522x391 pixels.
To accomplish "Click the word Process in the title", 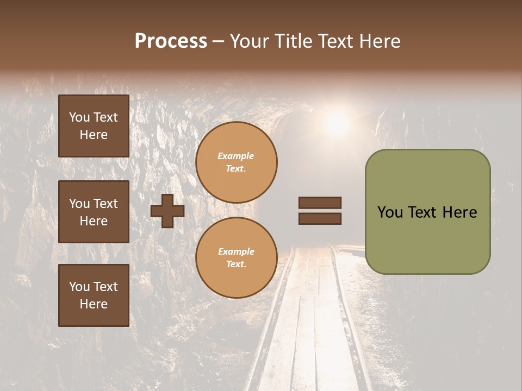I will click(171, 41).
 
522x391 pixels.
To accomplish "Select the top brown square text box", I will click(94, 126).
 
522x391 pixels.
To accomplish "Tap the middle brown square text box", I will click(94, 212).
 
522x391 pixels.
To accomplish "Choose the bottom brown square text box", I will click(94, 295).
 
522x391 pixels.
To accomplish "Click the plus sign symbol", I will click(167, 211).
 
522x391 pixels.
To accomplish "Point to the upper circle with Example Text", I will click(236, 162).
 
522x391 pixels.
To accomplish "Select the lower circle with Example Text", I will click(236, 258).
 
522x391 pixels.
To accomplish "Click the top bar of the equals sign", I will click(320, 203).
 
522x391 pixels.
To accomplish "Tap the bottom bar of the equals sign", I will click(320, 219).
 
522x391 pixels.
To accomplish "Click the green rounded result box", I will click(427, 239).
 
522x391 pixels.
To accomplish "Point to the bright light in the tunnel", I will click(337, 122).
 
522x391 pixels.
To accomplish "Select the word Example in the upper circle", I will click(235, 156).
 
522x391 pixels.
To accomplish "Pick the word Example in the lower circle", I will click(236, 252).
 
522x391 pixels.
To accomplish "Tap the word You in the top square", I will click(79, 117).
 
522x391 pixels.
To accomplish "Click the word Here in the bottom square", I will click(94, 304).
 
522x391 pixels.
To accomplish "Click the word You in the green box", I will click(390, 212).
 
